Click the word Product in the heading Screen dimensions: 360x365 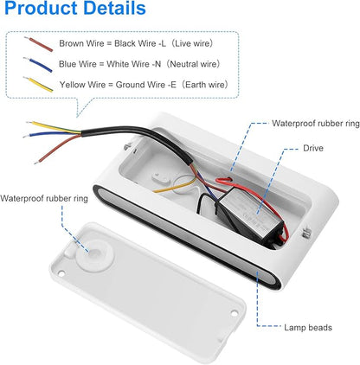tap(42, 9)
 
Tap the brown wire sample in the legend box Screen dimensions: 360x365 tap(39, 44)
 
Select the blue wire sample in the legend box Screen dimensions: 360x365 tap(38, 65)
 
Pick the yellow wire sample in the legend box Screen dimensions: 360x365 tap(38, 85)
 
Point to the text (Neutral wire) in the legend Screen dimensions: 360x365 tap(193, 64)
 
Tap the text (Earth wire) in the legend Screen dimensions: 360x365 tap(204, 85)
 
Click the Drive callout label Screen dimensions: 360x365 tap(313, 148)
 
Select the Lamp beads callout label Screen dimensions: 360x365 tap(308, 328)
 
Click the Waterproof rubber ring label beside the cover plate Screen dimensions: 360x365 tap(44, 199)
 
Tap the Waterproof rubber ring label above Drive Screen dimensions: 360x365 tap(316, 124)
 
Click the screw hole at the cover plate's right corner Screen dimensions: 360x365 tap(235, 313)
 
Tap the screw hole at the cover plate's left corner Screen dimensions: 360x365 tap(61, 272)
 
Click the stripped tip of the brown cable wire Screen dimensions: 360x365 tap(37, 163)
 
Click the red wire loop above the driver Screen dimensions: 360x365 tap(224, 180)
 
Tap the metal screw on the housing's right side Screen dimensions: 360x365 tap(305, 233)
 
